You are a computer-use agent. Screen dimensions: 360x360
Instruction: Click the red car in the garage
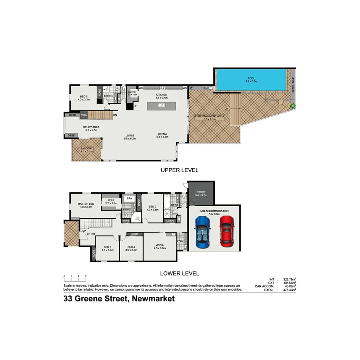(x=226, y=231)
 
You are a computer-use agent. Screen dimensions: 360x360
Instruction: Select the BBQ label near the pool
(x=205, y=88)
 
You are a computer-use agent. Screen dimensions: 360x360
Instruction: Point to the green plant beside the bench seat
(x=293, y=105)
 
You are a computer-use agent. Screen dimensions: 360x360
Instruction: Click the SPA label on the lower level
(x=129, y=199)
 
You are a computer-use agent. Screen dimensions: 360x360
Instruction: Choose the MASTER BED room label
(x=86, y=204)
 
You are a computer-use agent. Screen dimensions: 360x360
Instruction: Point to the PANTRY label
(x=132, y=92)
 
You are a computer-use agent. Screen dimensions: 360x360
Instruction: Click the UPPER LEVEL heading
(x=180, y=170)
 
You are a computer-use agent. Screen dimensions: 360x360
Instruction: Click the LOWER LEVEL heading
(x=180, y=273)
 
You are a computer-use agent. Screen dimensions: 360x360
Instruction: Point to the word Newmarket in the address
(x=153, y=299)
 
